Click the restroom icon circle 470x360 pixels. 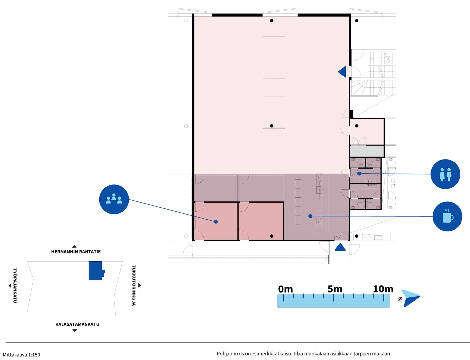coord(445,174)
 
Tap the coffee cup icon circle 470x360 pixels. coord(447,216)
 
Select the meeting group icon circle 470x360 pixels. coord(114,199)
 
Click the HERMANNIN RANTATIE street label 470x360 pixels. coord(76,252)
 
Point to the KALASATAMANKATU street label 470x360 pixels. coord(77,324)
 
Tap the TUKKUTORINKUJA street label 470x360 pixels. coord(134,285)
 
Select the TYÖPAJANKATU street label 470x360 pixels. coord(15,286)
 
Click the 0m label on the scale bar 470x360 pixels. coord(285,289)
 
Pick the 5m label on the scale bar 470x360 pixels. coord(335,289)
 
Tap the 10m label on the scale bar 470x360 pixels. coord(383,289)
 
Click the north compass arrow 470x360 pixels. coord(411,298)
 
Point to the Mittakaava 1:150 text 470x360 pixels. coord(21,355)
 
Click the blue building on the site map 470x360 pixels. coord(96,270)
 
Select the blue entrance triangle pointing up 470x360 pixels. coord(340,247)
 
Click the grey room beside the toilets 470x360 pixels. coord(367,151)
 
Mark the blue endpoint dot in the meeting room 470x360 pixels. coord(216,222)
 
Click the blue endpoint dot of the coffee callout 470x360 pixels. coord(310,216)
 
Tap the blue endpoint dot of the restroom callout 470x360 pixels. coord(359,174)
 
